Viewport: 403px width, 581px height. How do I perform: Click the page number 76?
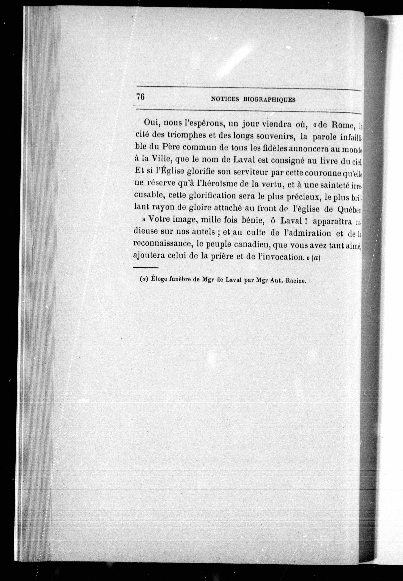140,97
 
